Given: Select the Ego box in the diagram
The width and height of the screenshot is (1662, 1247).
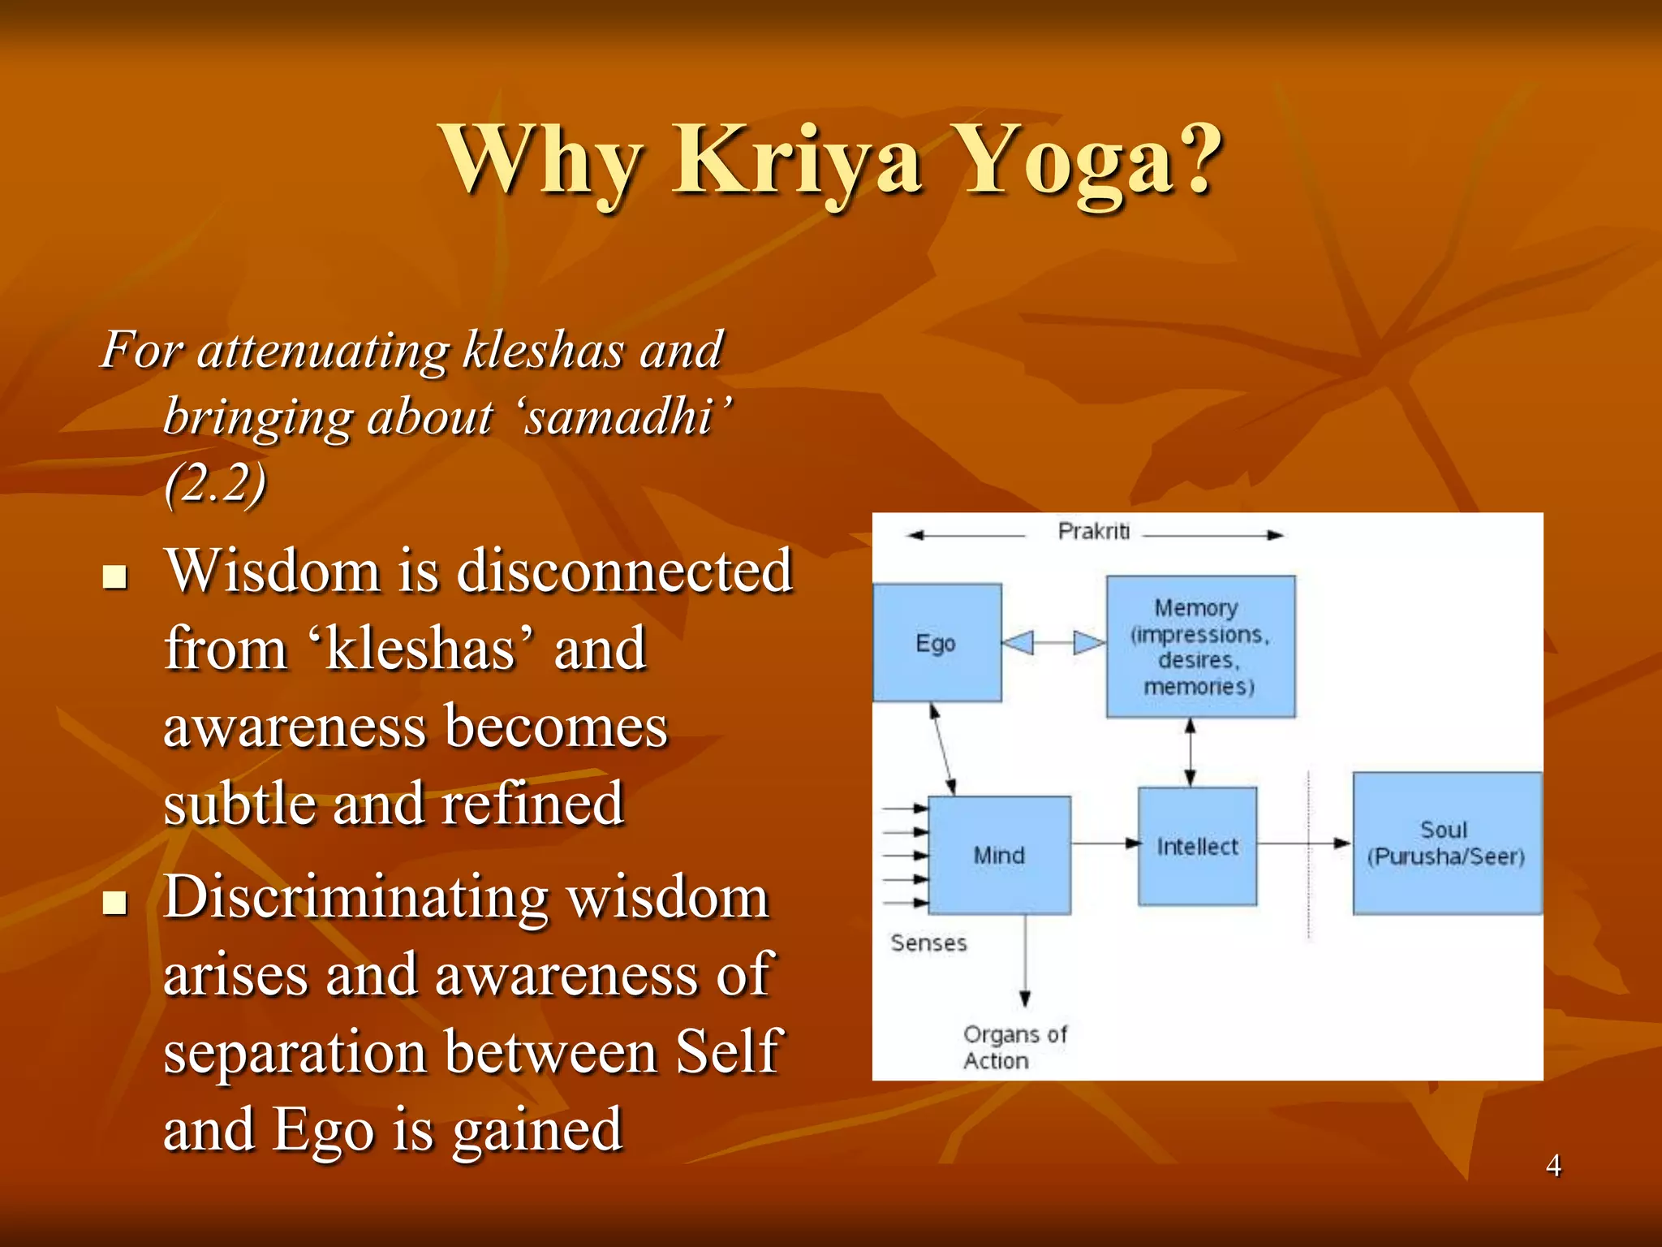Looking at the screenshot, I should pyautogui.click(x=936, y=642).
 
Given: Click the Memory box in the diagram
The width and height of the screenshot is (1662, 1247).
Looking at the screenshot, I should pyautogui.click(x=1199, y=646).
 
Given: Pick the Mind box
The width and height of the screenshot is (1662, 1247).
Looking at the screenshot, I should pyautogui.click(x=998, y=855).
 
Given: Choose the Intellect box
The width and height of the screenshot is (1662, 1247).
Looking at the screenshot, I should pyautogui.click(x=1197, y=846).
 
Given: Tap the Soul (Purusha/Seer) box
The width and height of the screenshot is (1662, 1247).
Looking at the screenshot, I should pyautogui.click(x=1446, y=844).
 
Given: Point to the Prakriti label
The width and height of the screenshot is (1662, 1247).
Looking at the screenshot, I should pyautogui.click(x=1093, y=532).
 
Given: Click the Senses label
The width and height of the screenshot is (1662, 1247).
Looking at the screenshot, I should pyautogui.click(x=928, y=943).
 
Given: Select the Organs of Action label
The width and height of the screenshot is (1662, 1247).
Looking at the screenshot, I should pyautogui.click(x=1014, y=1047).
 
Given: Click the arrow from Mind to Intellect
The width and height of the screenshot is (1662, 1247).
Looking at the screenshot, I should pyautogui.click(x=1104, y=844).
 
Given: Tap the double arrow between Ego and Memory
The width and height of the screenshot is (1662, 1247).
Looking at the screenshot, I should pyautogui.click(x=1053, y=642).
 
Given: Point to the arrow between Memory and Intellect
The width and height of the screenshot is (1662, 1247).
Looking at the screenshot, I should pyautogui.click(x=1190, y=752).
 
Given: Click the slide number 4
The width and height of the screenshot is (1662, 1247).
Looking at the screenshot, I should pyautogui.click(x=1552, y=1166).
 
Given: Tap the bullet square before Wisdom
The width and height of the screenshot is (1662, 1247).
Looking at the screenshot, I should pyautogui.click(x=115, y=577).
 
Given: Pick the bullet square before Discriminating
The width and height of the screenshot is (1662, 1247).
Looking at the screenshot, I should pyautogui.click(x=115, y=903).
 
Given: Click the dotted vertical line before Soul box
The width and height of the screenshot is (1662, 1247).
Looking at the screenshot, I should pyautogui.click(x=1308, y=852).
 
